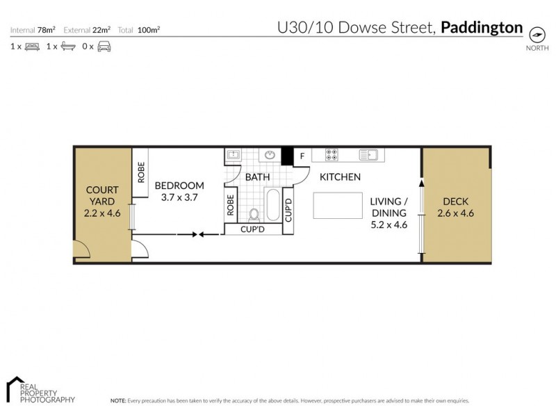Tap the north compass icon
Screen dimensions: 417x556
[x=536, y=34]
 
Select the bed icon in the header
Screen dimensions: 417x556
[x=32, y=47]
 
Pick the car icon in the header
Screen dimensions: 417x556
[x=104, y=47]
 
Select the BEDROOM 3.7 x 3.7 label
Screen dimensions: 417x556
[x=179, y=191]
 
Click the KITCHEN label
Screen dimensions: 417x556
[x=340, y=177]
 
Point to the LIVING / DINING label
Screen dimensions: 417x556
[x=389, y=213]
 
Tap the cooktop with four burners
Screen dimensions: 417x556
[x=330, y=156]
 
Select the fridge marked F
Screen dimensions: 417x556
[x=302, y=156]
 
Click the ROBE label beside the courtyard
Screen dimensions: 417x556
[x=140, y=172]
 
